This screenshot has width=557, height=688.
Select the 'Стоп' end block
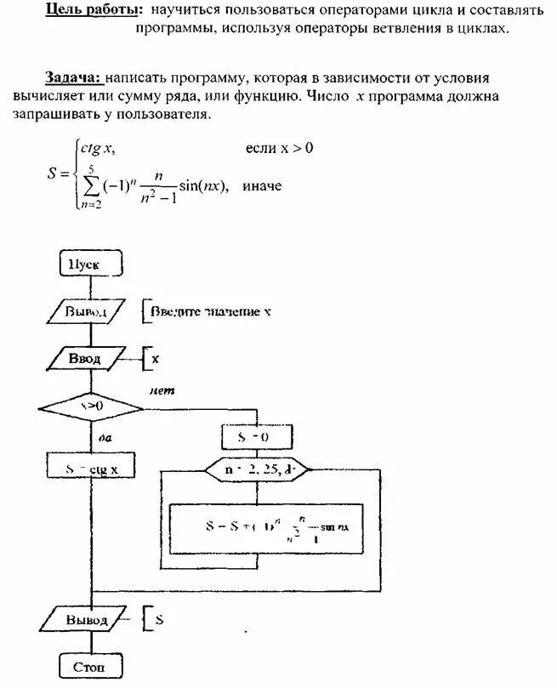[90, 666]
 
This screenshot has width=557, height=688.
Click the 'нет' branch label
[162, 390]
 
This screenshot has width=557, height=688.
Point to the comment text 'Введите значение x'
[211, 312]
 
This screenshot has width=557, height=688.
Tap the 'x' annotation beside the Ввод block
[156, 359]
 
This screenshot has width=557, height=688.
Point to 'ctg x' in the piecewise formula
[99, 149]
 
